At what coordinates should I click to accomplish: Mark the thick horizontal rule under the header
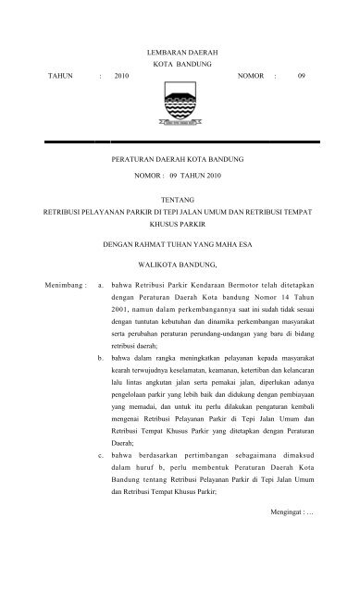pos(179,141)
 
